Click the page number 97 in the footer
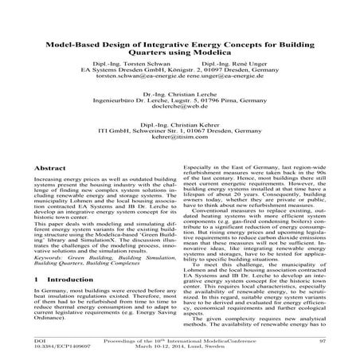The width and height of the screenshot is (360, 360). click(323, 341)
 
